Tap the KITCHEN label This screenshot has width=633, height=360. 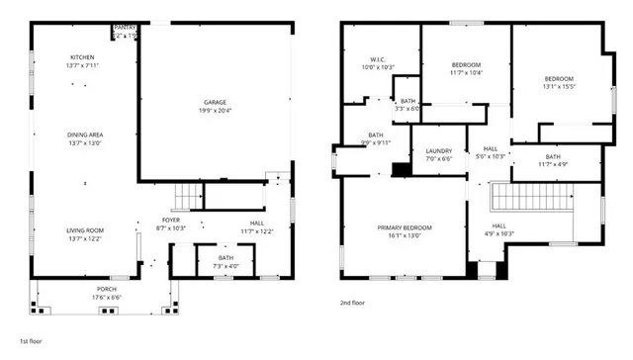[82, 57]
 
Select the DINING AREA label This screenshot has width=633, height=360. [85, 135]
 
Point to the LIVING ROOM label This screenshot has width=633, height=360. [85, 230]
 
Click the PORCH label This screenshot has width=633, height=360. [106, 289]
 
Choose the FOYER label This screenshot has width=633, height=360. [171, 221]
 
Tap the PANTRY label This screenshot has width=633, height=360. [126, 28]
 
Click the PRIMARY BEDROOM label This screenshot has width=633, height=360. [404, 227]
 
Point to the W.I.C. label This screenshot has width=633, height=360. [377, 59]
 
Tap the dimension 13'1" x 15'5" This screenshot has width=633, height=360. [558, 86]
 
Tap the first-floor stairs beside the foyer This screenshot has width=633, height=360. [186, 197]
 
